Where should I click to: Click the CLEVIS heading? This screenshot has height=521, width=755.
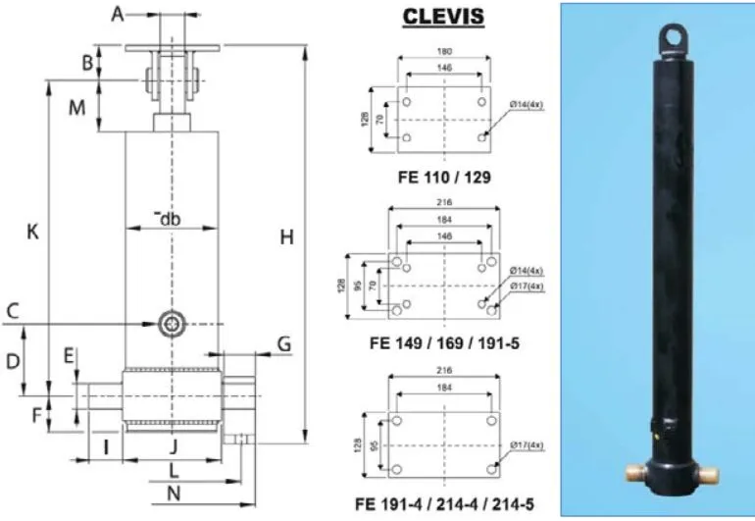(444, 19)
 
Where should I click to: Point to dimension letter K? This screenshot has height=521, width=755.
(32, 233)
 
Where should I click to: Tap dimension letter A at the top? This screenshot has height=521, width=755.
(118, 14)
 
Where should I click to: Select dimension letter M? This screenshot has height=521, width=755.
(77, 108)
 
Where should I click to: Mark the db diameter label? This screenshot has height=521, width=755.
(172, 218)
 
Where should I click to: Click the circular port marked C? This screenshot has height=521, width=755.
(174, 324)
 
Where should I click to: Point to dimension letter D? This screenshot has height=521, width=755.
(14, 361)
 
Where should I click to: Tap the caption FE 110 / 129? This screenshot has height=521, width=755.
(444, 178)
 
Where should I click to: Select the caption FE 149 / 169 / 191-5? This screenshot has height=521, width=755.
(445, 343)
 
